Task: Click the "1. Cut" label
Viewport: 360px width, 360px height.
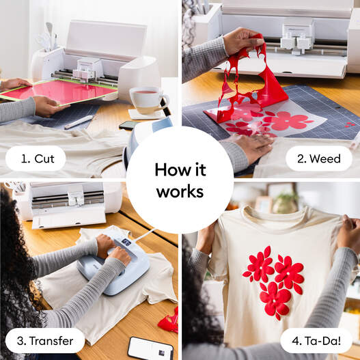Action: (36, 158)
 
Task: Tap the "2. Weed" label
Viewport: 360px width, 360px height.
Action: (320, 158)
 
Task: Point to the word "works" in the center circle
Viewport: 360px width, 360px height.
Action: (180, 192)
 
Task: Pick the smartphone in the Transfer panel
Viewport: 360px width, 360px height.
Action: (150, 348)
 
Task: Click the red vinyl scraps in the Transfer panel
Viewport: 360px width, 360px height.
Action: (169, 320)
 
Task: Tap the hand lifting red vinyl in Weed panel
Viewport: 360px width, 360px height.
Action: (243, 41)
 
